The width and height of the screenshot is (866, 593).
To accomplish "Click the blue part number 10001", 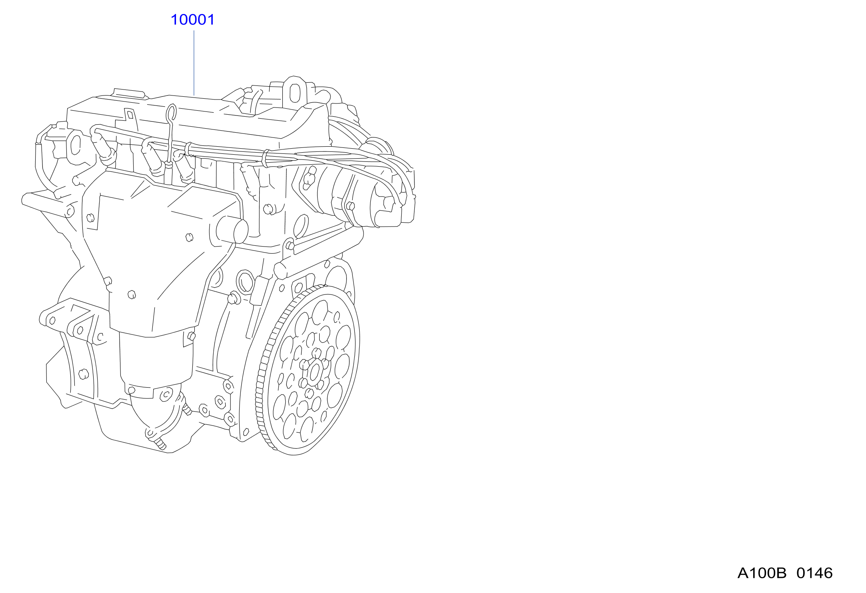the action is (x=192, y=20).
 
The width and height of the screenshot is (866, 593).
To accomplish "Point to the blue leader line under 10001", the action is (x=194, y=63).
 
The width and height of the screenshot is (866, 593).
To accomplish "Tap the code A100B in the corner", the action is (x=762, y=573).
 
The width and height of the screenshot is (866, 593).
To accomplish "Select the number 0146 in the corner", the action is (x=814, y=573).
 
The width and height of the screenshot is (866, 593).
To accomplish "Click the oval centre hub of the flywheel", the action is (x=314, y=372).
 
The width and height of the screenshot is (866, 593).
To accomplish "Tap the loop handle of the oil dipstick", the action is (x=171, y=112).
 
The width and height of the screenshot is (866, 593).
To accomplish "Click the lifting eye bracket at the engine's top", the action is (x=295, y=92).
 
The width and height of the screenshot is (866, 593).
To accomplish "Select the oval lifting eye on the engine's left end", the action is (x=75, y=144).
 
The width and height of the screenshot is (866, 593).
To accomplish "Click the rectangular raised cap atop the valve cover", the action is (x=129, y=93).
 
